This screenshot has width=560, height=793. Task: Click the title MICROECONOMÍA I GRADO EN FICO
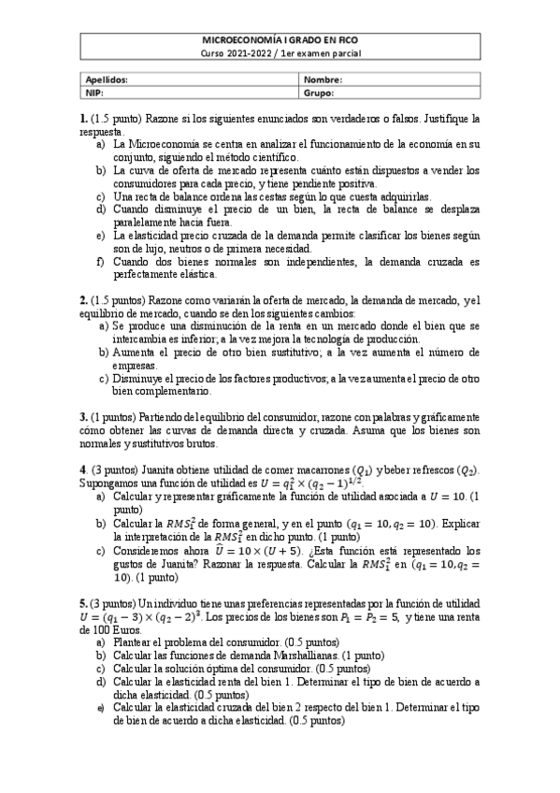[x=281, y=40]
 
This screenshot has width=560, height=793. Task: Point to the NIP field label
[x=94, y=94]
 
